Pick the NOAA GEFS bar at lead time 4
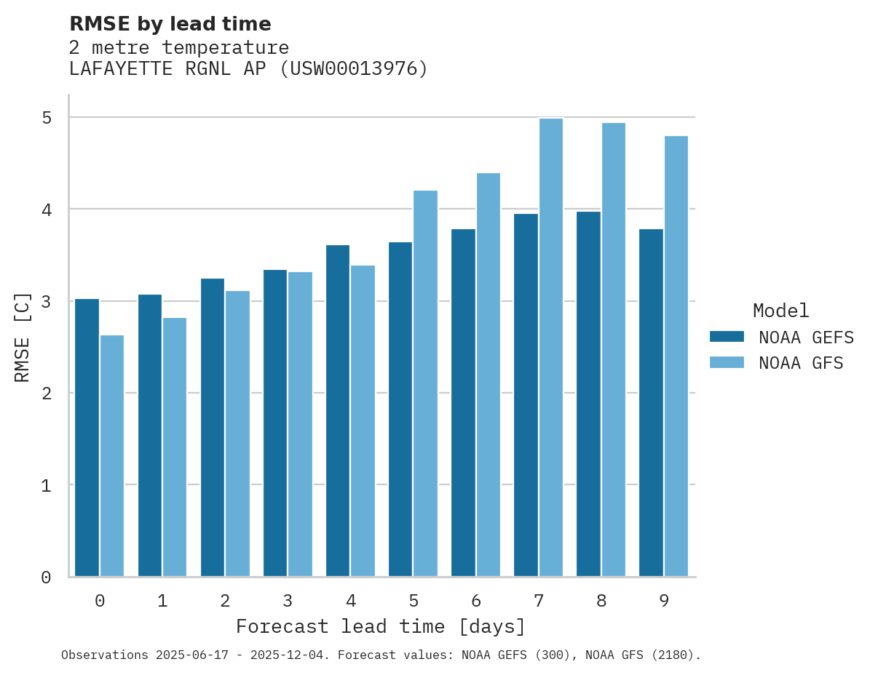pyautogui.click(x=338, y=411)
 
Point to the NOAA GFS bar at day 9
pyautogui.click(x=676, y=356)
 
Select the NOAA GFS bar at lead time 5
pyautogui.click(x=425, y=383)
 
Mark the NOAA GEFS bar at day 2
pyautogui.click(x=213, y=428)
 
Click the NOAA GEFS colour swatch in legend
pyautogui.click(x=727, y=337)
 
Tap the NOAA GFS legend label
pyautogui.click(x=801, y=363)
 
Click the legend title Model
pyautogui.click(x=780, y=311)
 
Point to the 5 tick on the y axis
pyautogui.click(x=46, y=117)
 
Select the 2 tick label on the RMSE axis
pyautogui.click(x=46, y=394)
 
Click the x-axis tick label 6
pyautogui.click(x=476, y=601)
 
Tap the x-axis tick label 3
pyautogui.click(x=288, y=601)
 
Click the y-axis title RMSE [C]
pyautogui.click(x=23, y=337)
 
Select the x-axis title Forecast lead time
pyautogui.click(x=380, y=626)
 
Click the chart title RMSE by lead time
pyautogui.click(x=170, y=24)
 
